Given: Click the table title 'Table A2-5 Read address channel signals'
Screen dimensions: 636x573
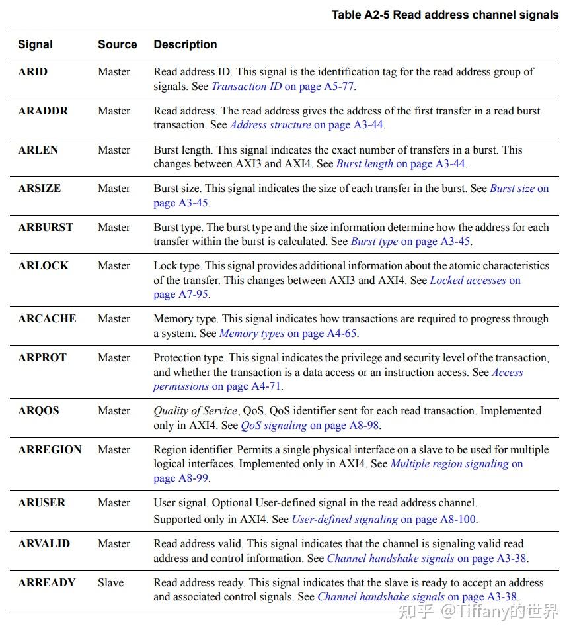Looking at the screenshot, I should click(445, 15).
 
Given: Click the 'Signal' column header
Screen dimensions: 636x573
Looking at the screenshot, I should click(35, 45).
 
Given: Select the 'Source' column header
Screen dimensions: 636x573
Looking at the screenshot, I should click(118, 45).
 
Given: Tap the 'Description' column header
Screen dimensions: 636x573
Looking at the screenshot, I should click(185, 45).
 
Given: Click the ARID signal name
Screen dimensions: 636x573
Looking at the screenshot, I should click(32, 72).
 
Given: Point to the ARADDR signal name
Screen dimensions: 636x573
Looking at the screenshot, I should click(43, 111).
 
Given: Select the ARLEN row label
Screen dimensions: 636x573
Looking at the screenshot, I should click(38, 150).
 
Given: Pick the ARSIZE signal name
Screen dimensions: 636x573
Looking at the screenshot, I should click(39, 189).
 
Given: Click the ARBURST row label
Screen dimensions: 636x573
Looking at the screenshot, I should click(46, 228).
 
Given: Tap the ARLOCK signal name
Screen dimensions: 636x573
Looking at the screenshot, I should click(42, 266).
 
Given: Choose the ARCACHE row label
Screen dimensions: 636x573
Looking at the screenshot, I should click(46, 319).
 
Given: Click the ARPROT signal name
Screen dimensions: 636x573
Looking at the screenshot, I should click(42, 358).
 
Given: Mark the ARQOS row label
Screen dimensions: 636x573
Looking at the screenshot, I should click(38, 411).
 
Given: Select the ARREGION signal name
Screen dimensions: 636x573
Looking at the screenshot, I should click(50, 450).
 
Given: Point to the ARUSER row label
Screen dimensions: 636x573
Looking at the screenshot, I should click(42, 503).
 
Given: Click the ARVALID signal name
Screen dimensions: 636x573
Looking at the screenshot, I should click(44, 544).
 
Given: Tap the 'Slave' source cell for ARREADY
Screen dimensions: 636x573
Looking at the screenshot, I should click(110, 583).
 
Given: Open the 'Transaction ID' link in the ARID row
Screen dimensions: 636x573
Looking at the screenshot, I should click(247, 87).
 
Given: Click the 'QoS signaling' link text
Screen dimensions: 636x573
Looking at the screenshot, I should click(274, 426).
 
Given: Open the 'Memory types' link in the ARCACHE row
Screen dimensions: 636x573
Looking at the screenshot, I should click(252, 334).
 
